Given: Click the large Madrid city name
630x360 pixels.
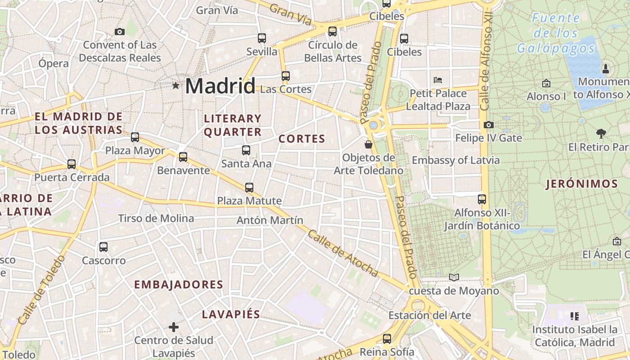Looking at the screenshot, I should coord(220,85).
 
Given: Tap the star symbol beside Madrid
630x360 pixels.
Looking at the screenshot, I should coord(175,85).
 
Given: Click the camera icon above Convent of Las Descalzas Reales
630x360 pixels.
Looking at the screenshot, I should coord(119,31).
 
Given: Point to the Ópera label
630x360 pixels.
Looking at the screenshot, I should coord(53,63).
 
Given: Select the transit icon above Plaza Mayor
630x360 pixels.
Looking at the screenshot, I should coord(135,137).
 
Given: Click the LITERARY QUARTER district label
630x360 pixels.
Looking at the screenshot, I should coord(233,125).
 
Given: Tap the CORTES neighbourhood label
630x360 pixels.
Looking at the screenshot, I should coord(301,139).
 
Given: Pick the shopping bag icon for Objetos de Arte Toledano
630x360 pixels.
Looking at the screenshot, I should coord(369,144).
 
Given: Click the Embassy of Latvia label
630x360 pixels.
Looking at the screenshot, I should coord(455,160).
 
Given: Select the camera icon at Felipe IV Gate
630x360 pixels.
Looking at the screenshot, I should coord(488,125).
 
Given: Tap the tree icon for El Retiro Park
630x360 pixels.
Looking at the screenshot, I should coord(601,133).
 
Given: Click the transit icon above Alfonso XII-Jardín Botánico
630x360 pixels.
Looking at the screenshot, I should coord(482,199).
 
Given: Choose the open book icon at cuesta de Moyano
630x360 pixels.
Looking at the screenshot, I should coord(454,278).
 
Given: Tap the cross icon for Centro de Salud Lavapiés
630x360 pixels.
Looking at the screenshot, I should coord(174,327).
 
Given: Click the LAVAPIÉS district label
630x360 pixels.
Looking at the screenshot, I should coord(231,314).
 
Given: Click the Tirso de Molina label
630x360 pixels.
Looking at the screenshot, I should coord(156,219).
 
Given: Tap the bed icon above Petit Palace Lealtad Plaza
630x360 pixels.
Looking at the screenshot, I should coord(438,80).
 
